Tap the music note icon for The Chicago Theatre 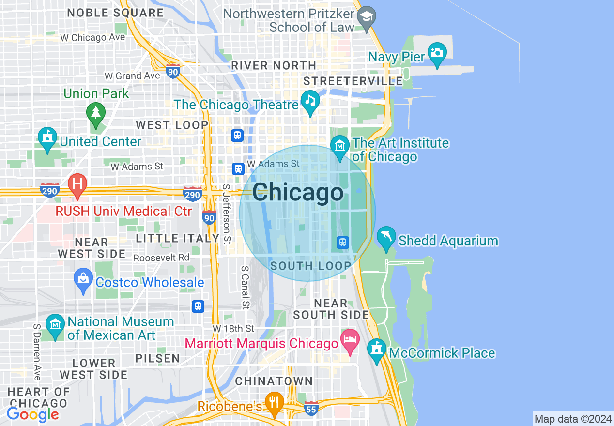click(x=310, y=100)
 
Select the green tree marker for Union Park click(x=96, y=113)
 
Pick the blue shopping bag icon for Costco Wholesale click(x=83, y=279)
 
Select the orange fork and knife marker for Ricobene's click(x=275, y=402)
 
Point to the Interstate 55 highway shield click(x=311, y=408)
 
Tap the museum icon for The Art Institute click(x=340, y=145)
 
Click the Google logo click(x=32, y=414)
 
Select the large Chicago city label click(x=297, y=193)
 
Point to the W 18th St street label click(x=233, y=329)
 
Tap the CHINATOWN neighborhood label click(x=274, y=381)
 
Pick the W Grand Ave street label click(x=132, y=76)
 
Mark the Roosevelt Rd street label click(x=161, y=258)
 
